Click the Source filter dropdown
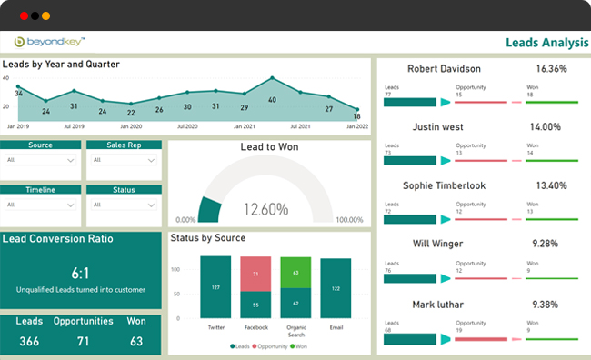[x=39, y=160]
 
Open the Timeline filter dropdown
[x=39, y=205]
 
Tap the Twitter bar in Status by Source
[x=215, y=286]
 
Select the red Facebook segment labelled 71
[x=255, y=273]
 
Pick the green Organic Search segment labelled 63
[x=295, y=272]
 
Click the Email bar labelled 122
[x=336, y=288]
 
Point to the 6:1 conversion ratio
[x=82, y=272]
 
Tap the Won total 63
[x=137, y=341]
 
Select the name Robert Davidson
[x=445, y=69]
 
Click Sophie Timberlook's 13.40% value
[x=550, y=185]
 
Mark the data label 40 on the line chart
[x=272, y=99]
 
